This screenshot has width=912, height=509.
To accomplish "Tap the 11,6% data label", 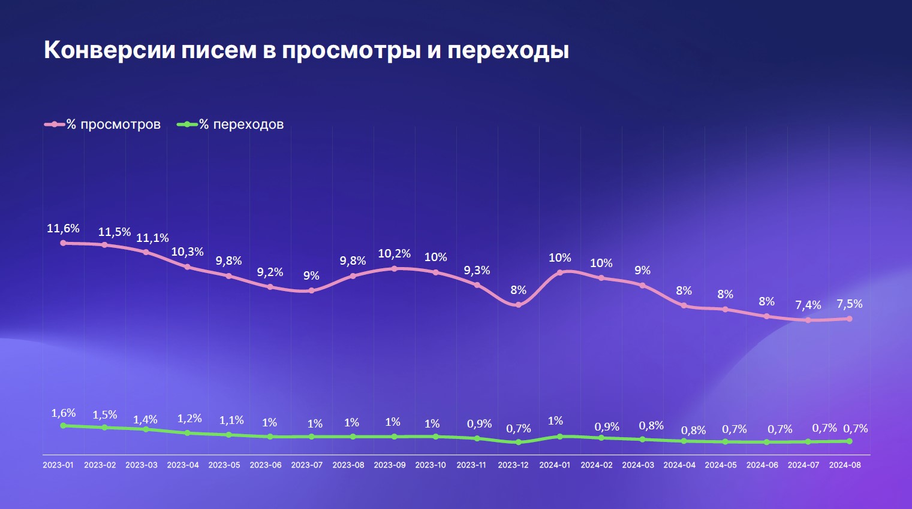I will tap(63, 228).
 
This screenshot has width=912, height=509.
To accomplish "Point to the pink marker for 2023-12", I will tap(519, 305).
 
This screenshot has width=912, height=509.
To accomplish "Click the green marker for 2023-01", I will tap(64, 426).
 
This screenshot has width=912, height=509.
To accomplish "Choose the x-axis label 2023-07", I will tap(306, 465).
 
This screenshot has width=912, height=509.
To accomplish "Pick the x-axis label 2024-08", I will tap(844, 465).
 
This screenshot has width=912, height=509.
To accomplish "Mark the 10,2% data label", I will tap(394, 254).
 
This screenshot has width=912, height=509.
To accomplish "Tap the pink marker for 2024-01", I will tap(560, 272).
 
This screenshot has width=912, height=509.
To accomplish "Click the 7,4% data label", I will tap(808, 305).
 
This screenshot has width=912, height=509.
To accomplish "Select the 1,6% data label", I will tap(63, 413).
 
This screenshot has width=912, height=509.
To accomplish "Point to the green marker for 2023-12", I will tap(519, 443).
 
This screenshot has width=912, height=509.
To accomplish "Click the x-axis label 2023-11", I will tap(471, 465).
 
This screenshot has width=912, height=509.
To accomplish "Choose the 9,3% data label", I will tap(477, 271).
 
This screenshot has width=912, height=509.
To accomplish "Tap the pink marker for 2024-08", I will tap(849, 319).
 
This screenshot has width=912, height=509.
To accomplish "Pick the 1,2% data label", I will tap(189, 419).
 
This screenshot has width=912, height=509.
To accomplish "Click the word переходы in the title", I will tap(508, 50).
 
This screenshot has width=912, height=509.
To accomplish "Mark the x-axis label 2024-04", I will tap(679, 465).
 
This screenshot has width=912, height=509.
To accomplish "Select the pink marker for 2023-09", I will tap(394, 269).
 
